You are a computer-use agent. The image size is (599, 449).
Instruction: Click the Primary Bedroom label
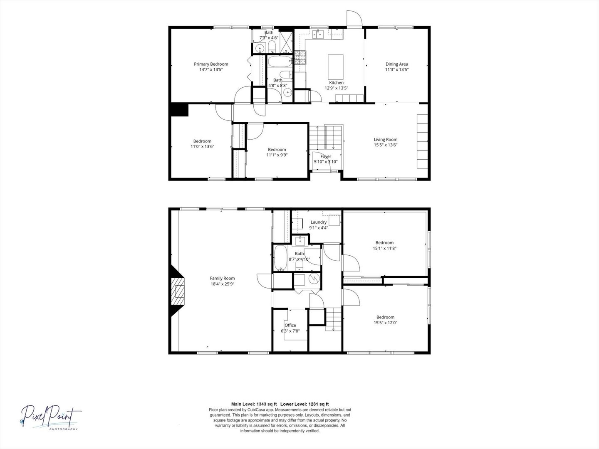211,64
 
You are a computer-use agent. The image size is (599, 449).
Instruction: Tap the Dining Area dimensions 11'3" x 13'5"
397,69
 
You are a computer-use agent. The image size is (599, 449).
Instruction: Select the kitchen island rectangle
336,67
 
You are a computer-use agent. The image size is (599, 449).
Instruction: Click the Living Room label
386,140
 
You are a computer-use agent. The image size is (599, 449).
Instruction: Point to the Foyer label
326,156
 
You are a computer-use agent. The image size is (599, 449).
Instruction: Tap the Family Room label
223,279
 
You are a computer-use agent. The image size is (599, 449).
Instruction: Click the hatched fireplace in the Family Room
178,291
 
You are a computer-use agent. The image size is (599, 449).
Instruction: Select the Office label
290,325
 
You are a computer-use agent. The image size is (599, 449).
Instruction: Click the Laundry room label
319,222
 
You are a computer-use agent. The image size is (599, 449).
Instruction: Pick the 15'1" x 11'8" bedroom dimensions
384,248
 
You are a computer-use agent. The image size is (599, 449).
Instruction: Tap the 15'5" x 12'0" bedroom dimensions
385,323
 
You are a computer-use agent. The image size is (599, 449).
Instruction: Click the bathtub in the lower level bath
280,258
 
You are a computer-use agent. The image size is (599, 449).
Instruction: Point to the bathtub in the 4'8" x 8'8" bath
280,62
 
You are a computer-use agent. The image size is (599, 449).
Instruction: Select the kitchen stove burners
300,57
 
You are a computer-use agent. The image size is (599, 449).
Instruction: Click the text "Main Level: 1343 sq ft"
254,404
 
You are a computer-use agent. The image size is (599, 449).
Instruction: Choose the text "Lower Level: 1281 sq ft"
304,404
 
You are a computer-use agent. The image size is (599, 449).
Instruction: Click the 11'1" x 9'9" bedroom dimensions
277,155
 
